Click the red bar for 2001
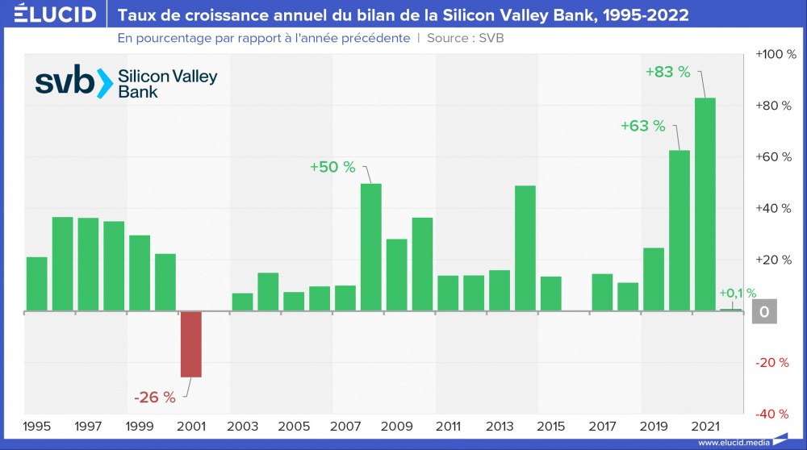[190, 344]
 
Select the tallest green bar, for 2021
[705, 204]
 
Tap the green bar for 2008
[370, 248]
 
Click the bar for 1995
[36, 284]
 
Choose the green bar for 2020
[679, 231]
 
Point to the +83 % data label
[668, 72]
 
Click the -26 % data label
[155, 397]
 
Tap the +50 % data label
[332, 167]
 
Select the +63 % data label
[643, 126]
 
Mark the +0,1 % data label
[738, 294]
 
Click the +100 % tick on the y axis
[776, 54]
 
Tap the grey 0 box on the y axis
[763, 311]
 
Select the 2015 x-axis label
[550, 426]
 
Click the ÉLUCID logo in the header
[50, 15]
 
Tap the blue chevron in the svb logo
[103, 84]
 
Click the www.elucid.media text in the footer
[731, 443]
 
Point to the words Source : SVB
[466, 38]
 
